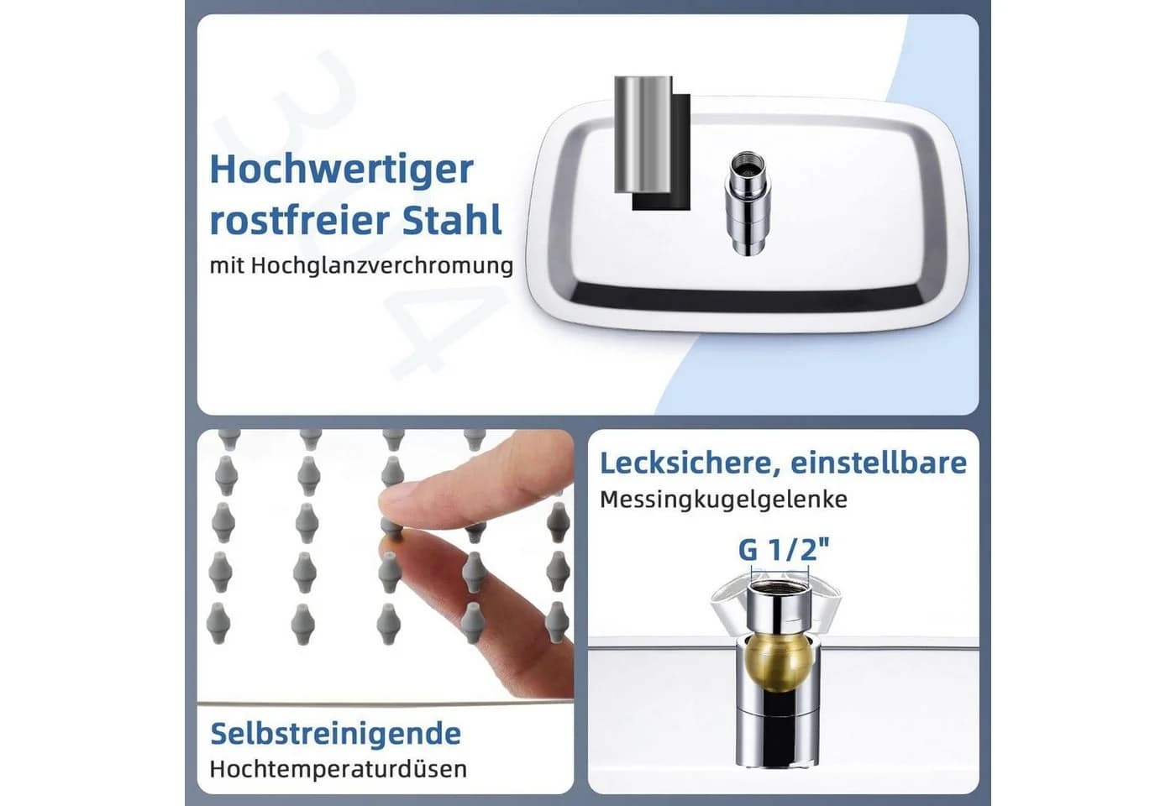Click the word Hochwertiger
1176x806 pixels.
[342, 170]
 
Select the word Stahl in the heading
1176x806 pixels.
[452, 219]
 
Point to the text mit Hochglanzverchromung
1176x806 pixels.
[361, 265]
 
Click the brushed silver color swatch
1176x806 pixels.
[643, 134]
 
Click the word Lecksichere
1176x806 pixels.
[686, 463]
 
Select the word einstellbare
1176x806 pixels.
[879, 463]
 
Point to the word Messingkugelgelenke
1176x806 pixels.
[723, 500]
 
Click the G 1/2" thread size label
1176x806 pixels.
[784, 551]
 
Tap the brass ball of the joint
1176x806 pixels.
[778, 662]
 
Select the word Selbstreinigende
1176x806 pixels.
[335, 734]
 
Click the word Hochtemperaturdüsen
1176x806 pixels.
[338, 769]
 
